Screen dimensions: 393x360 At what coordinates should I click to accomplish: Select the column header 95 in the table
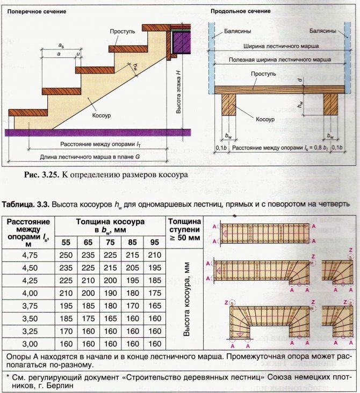(x=154, y=242)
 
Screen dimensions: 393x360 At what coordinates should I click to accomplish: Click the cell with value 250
(x=66, y=254)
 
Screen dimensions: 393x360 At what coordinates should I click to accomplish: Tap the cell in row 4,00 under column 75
(x=110, y=293)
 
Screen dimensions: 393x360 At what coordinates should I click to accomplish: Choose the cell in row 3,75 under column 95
(x=154, y=305)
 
